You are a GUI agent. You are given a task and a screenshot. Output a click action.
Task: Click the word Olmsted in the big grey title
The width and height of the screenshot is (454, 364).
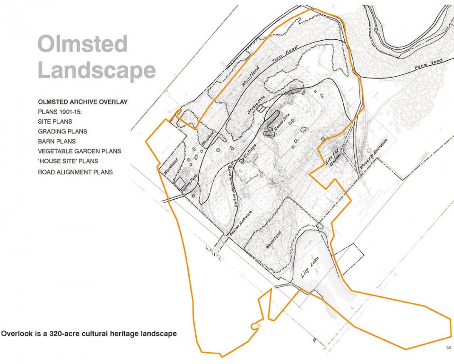pos(82,44)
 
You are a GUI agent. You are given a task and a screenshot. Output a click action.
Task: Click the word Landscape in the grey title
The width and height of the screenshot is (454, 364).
pos(96,70)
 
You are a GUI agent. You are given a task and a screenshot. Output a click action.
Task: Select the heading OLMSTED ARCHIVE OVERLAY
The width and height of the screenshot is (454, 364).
pos(82,102)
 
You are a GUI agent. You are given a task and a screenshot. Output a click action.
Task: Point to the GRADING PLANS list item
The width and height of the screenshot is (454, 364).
pos(62,131)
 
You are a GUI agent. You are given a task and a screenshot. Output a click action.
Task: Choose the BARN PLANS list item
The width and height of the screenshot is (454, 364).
pos(57,141)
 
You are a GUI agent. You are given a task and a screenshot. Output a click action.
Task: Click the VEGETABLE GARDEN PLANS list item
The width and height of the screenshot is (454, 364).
pos(79,151)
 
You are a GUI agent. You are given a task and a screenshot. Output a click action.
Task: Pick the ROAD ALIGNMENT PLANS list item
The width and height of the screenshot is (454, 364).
pos(75,172)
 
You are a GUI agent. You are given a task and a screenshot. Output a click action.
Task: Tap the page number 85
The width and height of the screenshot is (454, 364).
pos(448,348)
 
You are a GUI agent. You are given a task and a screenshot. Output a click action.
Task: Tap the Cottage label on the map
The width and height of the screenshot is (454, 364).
pos(252,152)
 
